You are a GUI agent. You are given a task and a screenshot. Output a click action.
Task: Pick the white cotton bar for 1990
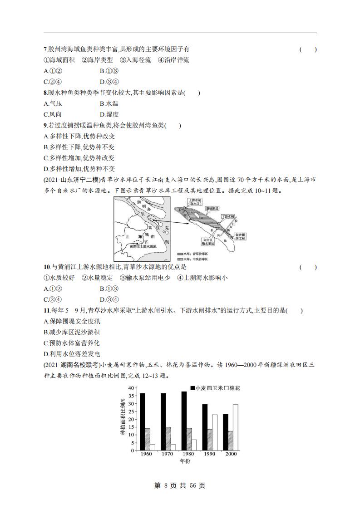(x=214, y=432)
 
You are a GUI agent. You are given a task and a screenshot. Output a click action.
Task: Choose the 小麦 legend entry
(x=198, y=388)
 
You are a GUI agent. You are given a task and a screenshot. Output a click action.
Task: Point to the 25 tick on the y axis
(x=132, y=411)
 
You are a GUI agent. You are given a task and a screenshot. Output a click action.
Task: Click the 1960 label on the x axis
(x=146, y=454)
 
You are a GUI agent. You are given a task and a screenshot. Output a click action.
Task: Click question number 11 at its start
(x=46, y=311)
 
